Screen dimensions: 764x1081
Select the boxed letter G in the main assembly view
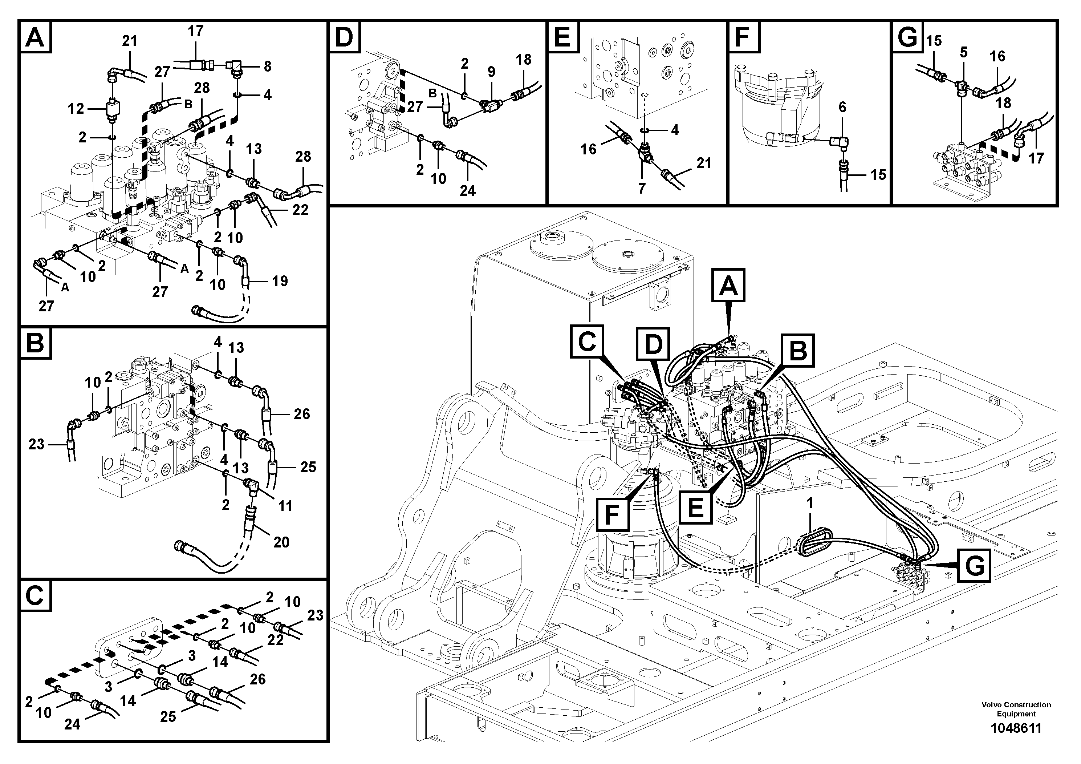click(973, 566)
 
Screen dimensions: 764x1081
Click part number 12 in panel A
click(76, 109)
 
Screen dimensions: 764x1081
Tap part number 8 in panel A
click(267, 66)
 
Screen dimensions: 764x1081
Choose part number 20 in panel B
click(281, 542)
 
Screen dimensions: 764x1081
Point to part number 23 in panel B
click(36, 444)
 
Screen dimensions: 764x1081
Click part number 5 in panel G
click(963, 52)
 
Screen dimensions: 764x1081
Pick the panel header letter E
click(562, 36)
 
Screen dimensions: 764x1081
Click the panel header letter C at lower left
click(35, 596)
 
